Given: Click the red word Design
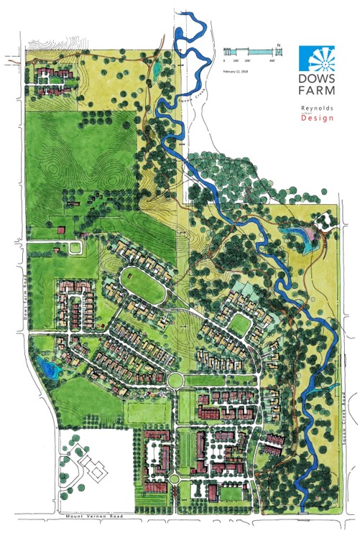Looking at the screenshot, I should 317,118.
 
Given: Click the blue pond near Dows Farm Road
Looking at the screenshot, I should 48,369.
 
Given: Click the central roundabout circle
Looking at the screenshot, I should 175,380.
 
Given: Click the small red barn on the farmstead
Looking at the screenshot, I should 61,230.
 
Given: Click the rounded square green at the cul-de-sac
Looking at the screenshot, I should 239,324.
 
